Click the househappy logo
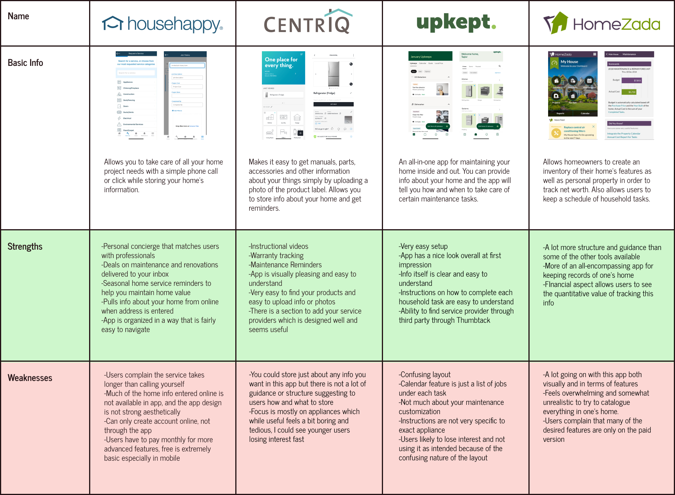pos(162,24)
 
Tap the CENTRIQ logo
pos(308,23)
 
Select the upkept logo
pos(456,23)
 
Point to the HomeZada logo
pos(602,23)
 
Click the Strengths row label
pos(25,247)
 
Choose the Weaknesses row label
pos(30,378)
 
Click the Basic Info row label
pos(25,63)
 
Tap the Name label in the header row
pos(18,16)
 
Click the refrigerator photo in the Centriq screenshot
pos(334,74)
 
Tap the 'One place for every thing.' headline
pos(281,62)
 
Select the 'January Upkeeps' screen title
pos(421,57)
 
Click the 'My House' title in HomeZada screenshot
pos(569,62)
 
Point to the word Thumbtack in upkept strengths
pos(473,320)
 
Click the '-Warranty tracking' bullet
pos(276,256)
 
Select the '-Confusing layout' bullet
pos(424,375)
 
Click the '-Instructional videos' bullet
pos(278,247)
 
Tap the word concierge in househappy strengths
pos(145,247)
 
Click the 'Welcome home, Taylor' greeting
pos(470,55)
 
